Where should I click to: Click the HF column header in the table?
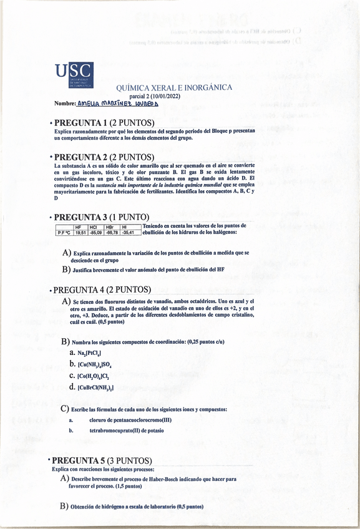click(x=79, y=227)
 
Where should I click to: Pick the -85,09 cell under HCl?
click(x=96, y=233)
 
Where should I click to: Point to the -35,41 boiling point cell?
click(x=129, y=233)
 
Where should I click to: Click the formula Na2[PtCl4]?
click(x=89, y=353)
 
